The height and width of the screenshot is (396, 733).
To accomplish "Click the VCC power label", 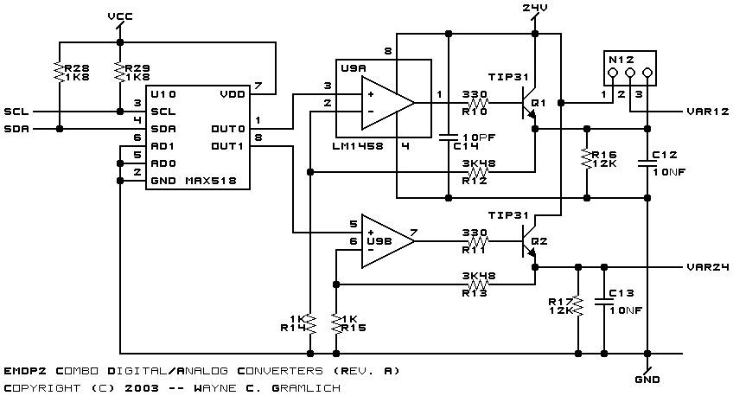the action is tap(120, 16).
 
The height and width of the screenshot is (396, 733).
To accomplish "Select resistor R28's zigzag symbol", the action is tap(60, 73).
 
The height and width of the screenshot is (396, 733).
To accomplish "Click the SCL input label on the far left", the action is tap(16, 112).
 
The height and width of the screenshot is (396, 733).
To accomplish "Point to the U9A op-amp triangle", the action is tap(387, 103).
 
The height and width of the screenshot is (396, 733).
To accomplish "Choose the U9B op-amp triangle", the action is tap(387, 241).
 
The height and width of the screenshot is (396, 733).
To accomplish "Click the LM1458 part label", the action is tap(358, 146).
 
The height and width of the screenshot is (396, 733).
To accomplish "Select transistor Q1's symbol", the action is tap(529, 103).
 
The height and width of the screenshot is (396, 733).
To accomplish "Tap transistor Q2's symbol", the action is tap(529, 241).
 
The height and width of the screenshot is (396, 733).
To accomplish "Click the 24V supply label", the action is tap(535, 8).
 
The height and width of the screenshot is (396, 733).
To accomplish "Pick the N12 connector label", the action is tap(621, 60).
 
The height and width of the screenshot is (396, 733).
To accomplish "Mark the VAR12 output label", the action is tap(708, 112).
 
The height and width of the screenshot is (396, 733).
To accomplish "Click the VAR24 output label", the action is tap(708, 267).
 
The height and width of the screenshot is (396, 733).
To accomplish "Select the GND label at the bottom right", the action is tap(647, 380).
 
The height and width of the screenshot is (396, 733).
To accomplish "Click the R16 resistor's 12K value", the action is tap(604, 163).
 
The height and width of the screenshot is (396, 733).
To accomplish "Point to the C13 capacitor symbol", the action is tap(604, 302).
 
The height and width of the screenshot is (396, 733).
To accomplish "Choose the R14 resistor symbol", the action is tap(310, 323).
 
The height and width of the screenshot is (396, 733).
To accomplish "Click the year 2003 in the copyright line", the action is tap(142, 388).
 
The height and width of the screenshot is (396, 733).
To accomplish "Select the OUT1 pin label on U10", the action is tap(227, 146).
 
